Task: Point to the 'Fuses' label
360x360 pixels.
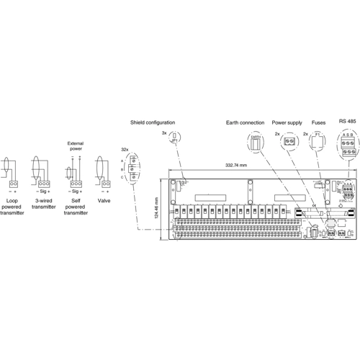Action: click(318, 123)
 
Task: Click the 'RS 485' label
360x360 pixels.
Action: click(346, 121)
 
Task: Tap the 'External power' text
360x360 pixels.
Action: click(76, 147)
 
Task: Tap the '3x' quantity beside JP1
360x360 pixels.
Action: click(163, 134)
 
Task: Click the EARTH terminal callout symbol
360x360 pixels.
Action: click(255, 142)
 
